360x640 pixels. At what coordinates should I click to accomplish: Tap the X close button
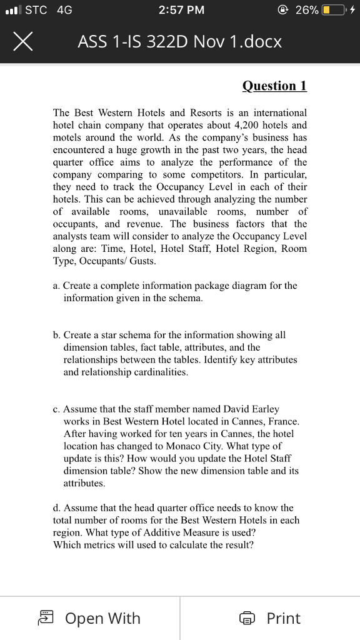coord(22,42)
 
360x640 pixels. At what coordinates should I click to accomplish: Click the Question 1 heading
coord(274,86)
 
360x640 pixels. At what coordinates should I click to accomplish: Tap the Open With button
coord(90,618)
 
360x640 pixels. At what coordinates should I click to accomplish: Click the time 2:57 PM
coord(181,11)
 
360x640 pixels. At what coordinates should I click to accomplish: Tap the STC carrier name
coord(36,10)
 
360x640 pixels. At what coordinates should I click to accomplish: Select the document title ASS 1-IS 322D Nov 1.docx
coord(180,42)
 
